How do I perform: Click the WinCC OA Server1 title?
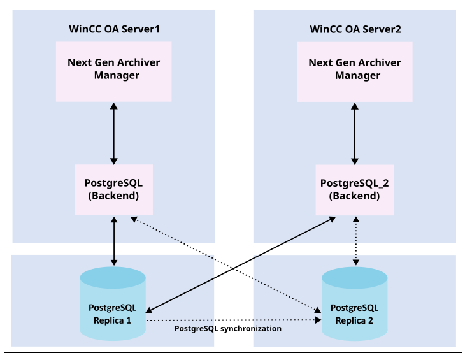[113, 29]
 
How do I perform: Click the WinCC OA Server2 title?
[355, 29]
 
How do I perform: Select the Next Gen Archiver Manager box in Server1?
[113, 71]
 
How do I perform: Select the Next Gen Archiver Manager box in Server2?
[355, 71]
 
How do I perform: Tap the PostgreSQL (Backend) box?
[113, 189]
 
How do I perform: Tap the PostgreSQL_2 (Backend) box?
[355, 189]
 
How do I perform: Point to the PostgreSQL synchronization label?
[227, 329]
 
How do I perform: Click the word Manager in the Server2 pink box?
[355, 76]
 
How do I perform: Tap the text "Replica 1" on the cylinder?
[113, 320]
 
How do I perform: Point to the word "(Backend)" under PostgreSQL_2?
[355, 196]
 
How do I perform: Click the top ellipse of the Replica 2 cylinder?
[354, 277]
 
